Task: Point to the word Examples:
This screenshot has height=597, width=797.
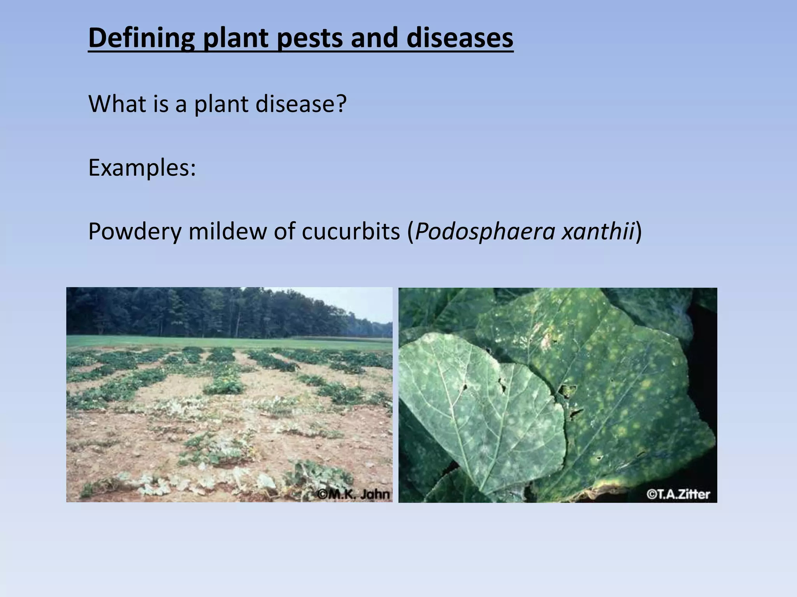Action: [x=142, y=168]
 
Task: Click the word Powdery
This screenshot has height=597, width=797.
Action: [x=135, y=232]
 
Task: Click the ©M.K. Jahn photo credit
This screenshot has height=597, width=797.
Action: [x=353, y=494]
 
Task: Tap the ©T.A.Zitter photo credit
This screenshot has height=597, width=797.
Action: [x=678, y=494]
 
